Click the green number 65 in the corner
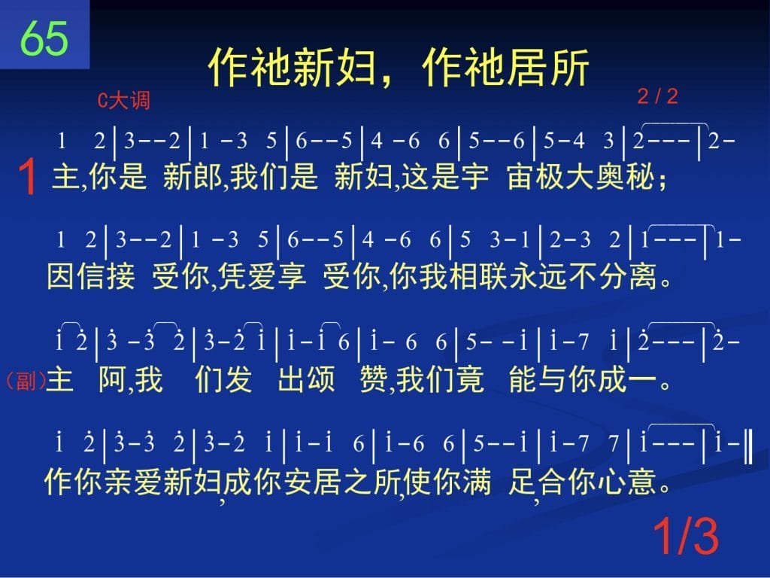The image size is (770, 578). pos(44,38)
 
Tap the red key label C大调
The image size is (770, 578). pos(124,100)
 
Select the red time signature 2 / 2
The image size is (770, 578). pos(657,96)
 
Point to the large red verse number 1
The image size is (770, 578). pos(28,177)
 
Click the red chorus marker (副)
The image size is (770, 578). pos(26,380)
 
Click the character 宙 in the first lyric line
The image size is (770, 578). pos(520,176)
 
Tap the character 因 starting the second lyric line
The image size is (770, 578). pos(61,276)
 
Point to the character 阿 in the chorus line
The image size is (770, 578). pos(113,379)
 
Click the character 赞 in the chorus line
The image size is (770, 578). pos(374,379)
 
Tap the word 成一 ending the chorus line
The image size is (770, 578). pos(628,379)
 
